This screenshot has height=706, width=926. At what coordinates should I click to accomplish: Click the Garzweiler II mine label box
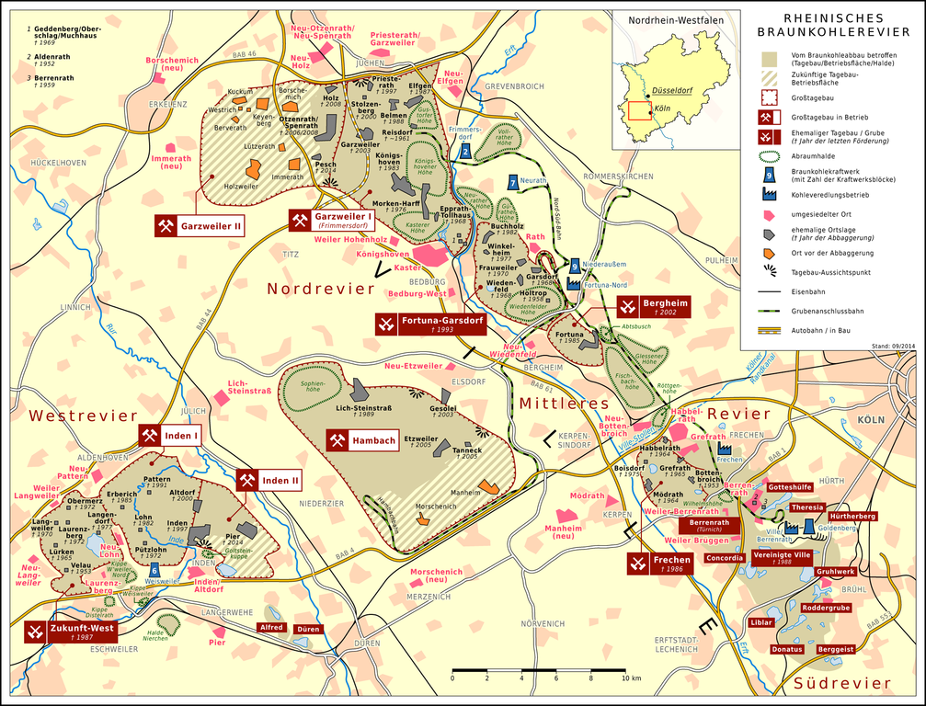tap(200, 224)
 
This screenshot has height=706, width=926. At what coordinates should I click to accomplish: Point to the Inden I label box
tap(169, 436)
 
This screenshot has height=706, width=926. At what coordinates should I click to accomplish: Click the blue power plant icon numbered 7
tap(512, 182)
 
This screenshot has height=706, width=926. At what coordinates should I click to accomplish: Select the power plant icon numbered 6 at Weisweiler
tap(154, 570)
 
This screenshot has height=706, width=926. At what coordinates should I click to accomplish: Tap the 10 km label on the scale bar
tap(629, 678)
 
